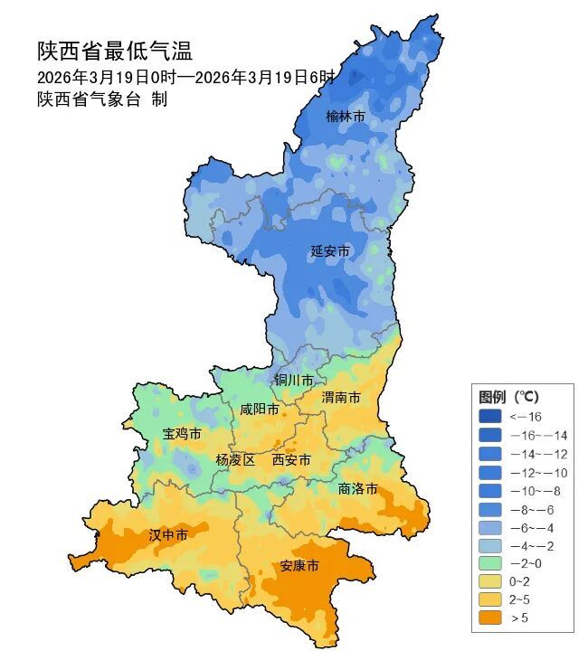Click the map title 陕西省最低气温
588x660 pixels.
(x=115, y=51)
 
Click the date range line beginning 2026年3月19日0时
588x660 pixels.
(x=185, y=77)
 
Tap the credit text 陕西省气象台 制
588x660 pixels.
(x=102, y=99)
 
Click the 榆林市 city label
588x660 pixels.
(x=346, y=117)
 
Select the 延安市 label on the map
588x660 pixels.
(x=329, y=250)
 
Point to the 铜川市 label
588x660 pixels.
(x=294, y=380)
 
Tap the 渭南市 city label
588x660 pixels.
(x=341, y=398)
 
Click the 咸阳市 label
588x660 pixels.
(x=260, y=409)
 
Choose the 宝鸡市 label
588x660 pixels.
(x=182, y=434)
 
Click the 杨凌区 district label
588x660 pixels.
(x=235, y=459)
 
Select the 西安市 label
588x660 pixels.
(x=291, y=460)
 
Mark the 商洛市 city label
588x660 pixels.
(x=357, y=488)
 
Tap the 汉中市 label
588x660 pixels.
(x=168, y=535)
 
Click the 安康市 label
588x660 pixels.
(x=299, y=566)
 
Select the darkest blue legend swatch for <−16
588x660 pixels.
(x=490, y=416)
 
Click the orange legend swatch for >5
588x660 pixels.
(x=490, y=618)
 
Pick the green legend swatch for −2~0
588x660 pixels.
(x=490, y=562)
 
